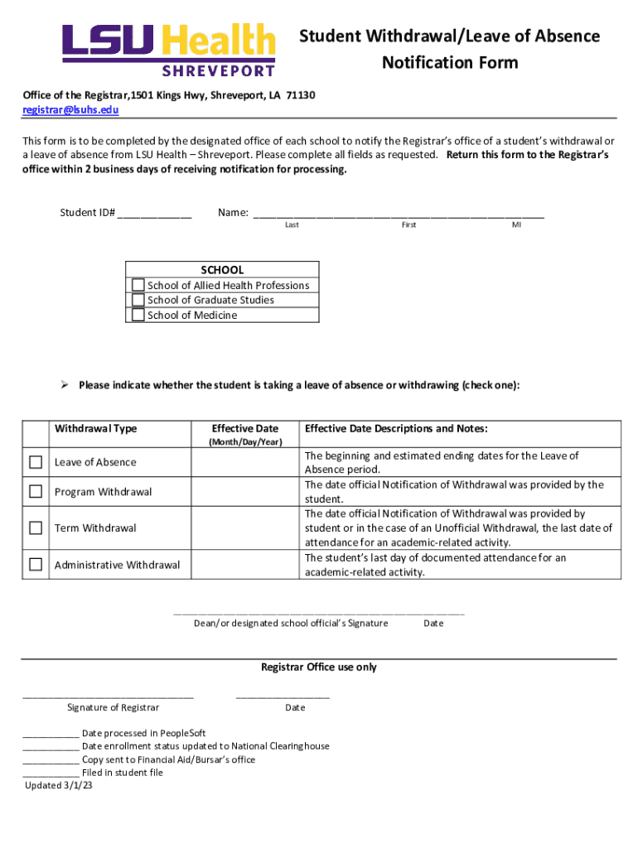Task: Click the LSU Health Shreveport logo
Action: pyautogui.click(x=168, y=49)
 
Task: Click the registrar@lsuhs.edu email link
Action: pyautogui.click(x=70, y=109)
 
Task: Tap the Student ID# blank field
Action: pyautogui.click(x=154, y=213)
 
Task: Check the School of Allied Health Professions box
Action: pyautogui.click(x=138, y=285)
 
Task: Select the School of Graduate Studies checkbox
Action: pyautogui.click(x=138, y=300)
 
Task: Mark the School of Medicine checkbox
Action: pyautogui.click(x=138, y=315)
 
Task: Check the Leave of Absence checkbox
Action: pyautogui.click(x=36, y=462)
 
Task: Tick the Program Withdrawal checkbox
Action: pyautogui.click(x=36, y=492)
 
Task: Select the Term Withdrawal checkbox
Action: pyautogui.click(x=36, y=528)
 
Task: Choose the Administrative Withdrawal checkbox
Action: pyautogui.click(x=36, y=565)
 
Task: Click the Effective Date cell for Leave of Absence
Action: pyautogui.click(x=245, y=463)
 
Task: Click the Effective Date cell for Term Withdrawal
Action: pyautogui.click(x=245, y=528)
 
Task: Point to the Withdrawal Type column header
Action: pyautogui.click(x=95, y=428)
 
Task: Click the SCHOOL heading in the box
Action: pyautogui.click(x=222, y=270)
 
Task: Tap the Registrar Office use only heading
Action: pyautogui.click(x=319, y=667)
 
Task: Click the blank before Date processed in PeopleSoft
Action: pyautogui.click(x=51, y=734)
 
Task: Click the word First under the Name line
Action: pyautogui.click(x=408, y=225)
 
